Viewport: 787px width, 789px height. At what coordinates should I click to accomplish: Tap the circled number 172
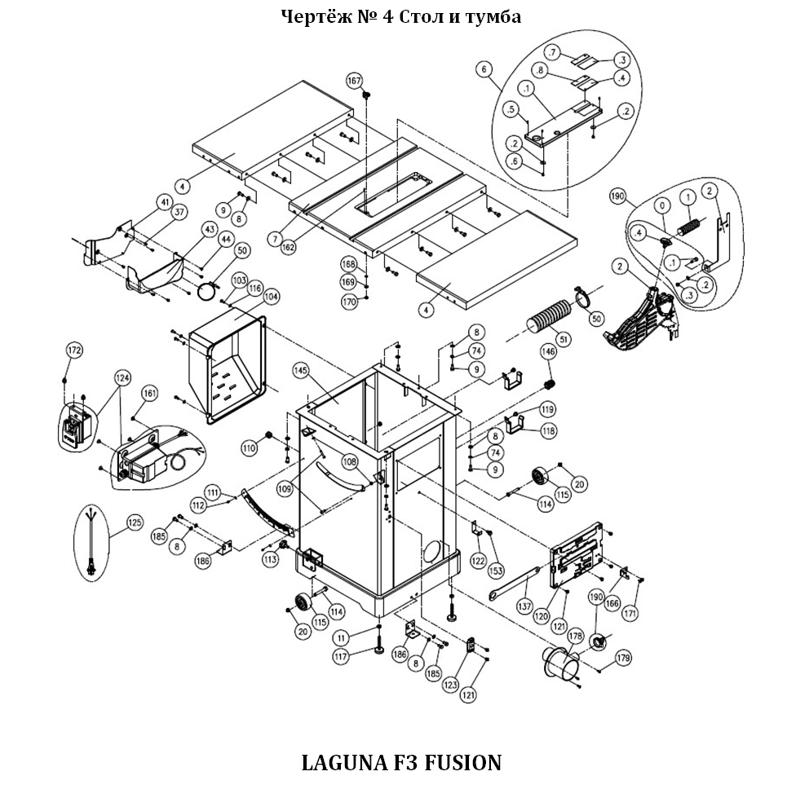coord(74,350)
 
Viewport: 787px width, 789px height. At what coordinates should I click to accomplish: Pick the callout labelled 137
coord(524,606)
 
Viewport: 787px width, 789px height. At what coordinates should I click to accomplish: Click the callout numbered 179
coord(623,658)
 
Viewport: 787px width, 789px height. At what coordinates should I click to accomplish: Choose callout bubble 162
coord(289,246)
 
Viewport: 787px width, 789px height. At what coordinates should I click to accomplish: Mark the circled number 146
coord(548,352)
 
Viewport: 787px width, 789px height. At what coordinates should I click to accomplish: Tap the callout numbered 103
coord(239,280)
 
